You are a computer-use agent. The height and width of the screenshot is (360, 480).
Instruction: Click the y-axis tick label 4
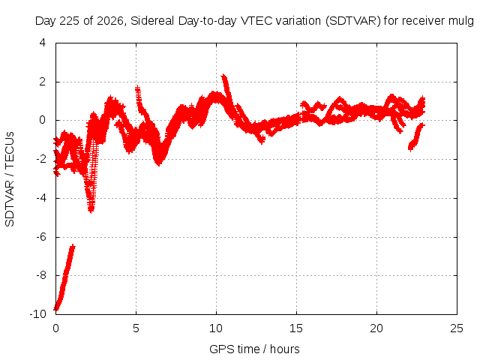tap(43, 43)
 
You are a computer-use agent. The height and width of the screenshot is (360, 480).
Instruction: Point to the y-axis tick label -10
tap(37, 314)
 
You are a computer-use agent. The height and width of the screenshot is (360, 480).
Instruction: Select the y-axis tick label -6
tap(41, 237)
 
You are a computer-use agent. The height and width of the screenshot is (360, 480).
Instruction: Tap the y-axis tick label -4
tap(41, 198)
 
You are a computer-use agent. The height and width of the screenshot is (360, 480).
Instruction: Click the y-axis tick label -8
tap(41, 275)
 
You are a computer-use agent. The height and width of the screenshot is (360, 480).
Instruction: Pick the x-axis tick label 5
tap(136, 328)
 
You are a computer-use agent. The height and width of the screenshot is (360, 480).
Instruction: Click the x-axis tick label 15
tap(296, 328)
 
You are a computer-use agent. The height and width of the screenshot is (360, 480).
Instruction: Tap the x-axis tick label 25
tap(457, 328)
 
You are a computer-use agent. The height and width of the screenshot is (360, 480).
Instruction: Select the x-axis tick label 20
tap(376, 328)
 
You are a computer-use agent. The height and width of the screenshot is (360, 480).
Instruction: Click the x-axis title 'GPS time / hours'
tap(254, 349)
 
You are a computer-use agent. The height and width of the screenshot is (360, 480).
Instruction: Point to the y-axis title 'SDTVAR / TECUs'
tap(10, 179)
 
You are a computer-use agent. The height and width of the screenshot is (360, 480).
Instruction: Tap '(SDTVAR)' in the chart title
tap(353, 21)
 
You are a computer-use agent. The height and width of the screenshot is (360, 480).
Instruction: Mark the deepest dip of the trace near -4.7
tap(91, 211)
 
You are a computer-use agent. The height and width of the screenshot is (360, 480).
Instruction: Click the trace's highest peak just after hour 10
tap(224, 76)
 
